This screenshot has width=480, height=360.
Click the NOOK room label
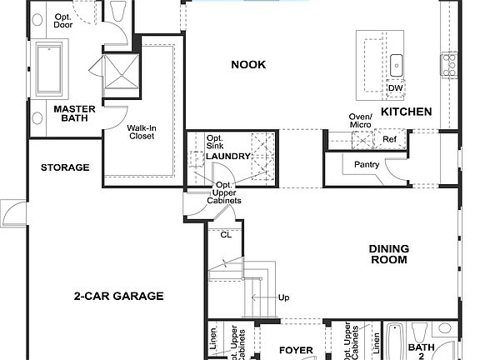click(x=248, y=65)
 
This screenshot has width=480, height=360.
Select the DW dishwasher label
click(x=395, y=89)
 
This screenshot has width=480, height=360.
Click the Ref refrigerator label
click(x=388, y=139)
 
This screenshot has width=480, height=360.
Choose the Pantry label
click(x=366, y=165)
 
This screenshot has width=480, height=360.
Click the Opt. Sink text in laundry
click(x=215, y=142)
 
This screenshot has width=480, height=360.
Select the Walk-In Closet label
click(x=141, y=132)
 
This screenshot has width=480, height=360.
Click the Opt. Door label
click(x=62, y=21)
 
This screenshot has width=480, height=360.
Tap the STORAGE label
click(x=65, y=167)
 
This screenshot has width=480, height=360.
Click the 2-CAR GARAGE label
click(x=118, y=296)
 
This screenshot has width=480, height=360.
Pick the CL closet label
click(x=225, y=235)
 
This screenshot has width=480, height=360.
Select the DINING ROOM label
click(x=389, y=254)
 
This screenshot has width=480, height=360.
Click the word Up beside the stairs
click(x=283, y=297)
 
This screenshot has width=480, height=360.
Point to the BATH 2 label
click(x=422, y=352)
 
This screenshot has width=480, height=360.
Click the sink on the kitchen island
click(x=397, y=63)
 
